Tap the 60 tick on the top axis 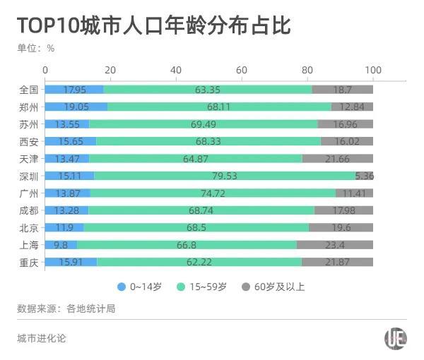pos(242,70)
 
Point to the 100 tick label pos(372,70)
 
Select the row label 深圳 pos(29,176)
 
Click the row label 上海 pos(29,244)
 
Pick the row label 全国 pos(29,90)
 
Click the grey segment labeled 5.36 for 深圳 pos(364,176)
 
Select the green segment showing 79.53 pos(225,176)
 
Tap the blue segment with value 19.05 pos(76,107)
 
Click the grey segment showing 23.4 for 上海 pos(334,244)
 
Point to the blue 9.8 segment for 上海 pos(61,244)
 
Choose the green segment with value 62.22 pos(199,262)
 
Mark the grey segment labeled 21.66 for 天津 pos(337,158)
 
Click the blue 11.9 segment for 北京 pos(64,227)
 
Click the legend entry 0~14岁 pos(141,287)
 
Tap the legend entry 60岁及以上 pos(273,287)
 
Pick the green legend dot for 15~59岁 pos(179,287)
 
